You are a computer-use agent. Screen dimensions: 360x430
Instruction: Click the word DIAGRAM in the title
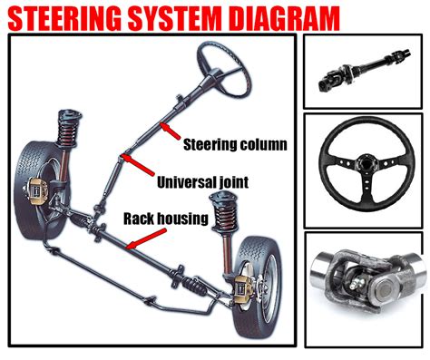(x=277, y=17)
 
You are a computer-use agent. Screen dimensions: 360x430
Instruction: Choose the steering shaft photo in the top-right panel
(x=364, y=71)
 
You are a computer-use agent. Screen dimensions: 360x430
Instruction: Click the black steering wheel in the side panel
(x=364, y=168)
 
